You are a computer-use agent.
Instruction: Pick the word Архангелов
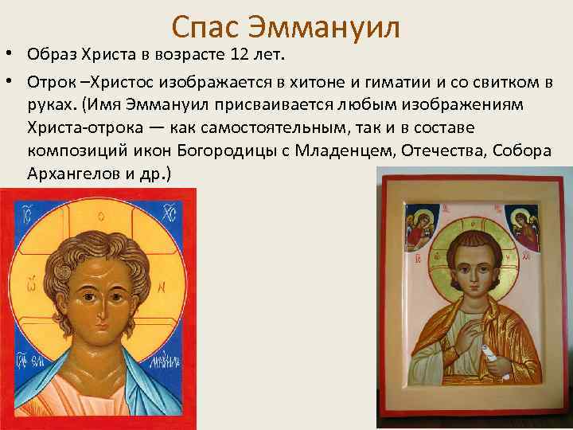point(72,173)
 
